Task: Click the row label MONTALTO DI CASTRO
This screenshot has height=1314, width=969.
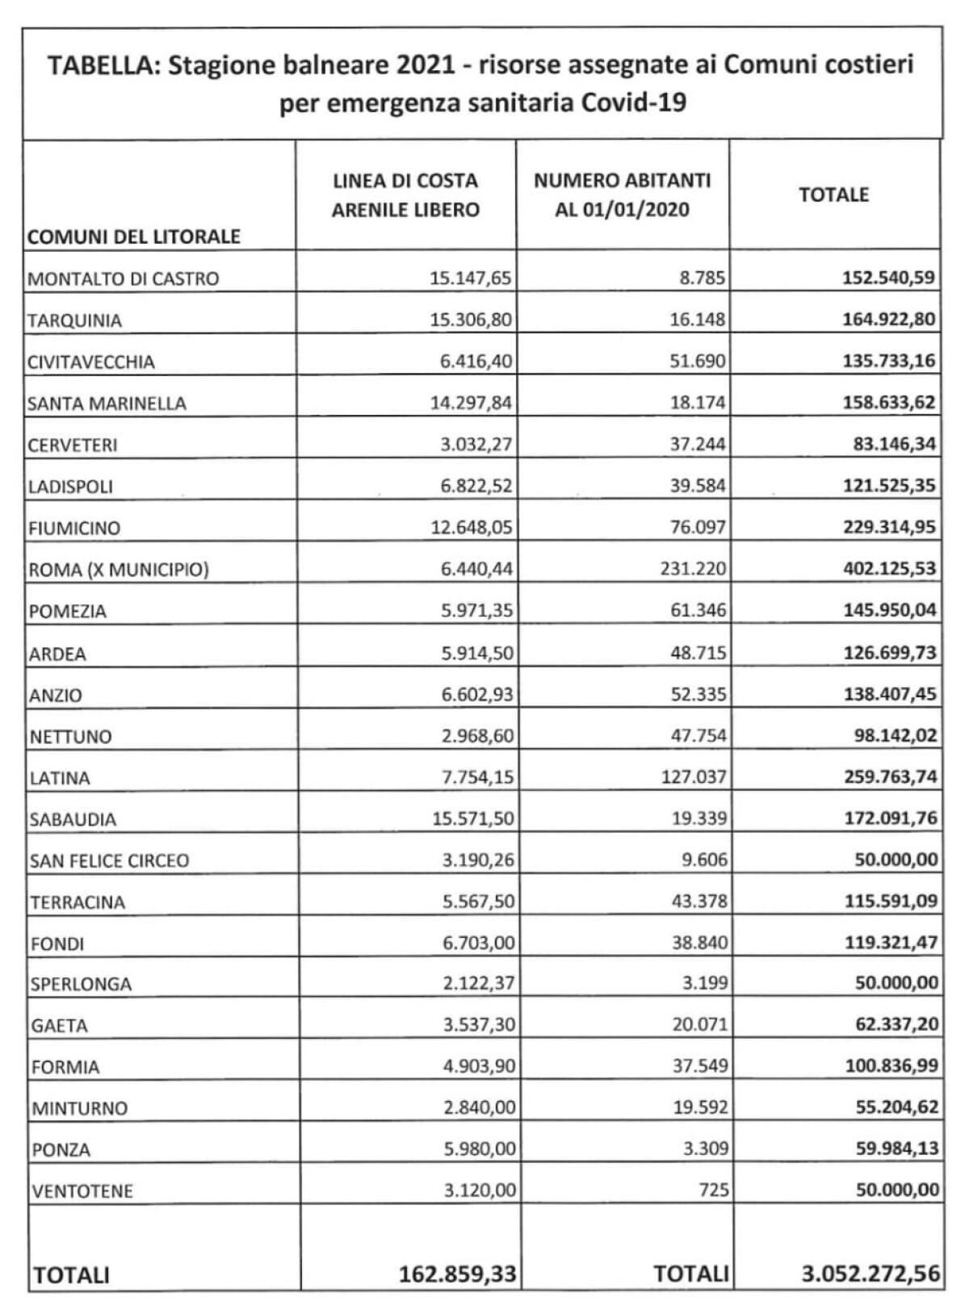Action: coord(124,279)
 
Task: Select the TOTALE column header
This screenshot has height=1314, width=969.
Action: coord(833,195)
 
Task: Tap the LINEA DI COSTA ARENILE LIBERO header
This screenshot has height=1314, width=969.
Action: coord(405,195)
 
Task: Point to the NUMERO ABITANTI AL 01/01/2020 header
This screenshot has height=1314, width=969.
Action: coord(622,195)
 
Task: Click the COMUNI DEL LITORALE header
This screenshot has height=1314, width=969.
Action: coord(134,236)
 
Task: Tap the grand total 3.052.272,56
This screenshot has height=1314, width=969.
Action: coord(870,1274)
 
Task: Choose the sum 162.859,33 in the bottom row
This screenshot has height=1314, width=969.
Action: coord(457,1274)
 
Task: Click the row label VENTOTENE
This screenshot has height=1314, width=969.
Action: coord(82,1191)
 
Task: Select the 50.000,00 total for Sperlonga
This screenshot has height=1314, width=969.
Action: coord(896,983)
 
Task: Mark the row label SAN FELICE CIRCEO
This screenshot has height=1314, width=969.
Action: coord(109,861)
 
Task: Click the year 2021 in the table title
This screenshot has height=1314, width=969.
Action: coord(426,65)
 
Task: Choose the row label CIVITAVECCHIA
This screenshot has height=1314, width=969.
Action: coord(91,362)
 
